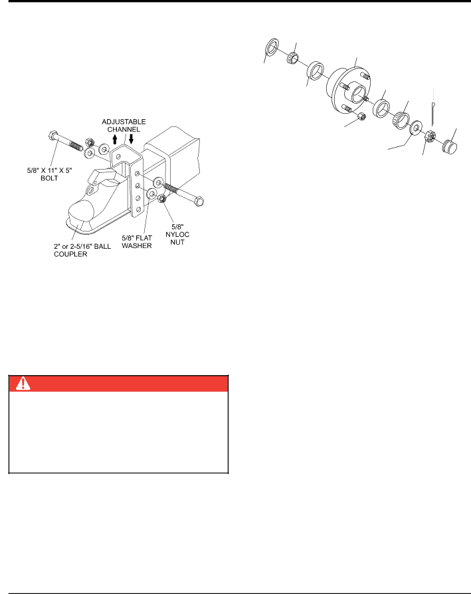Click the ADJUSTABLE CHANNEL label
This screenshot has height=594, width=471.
(124, 126)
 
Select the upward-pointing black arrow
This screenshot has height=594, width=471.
(115, 139)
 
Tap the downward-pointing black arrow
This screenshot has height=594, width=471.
(132, 139)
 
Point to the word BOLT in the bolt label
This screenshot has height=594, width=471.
(50, 178)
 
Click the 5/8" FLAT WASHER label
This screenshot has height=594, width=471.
(137, 241)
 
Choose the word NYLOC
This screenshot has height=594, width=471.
(177, 235)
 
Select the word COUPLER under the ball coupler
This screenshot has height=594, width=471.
(70, 254)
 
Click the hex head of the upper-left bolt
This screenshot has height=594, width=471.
(53, 135)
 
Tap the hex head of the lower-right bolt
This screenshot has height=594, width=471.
(199, 201)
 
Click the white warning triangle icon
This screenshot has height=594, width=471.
(23, 383)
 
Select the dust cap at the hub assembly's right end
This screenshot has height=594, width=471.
(450, 146)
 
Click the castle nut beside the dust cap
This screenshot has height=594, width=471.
(430, 136)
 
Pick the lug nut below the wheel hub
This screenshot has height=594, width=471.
(361, 116)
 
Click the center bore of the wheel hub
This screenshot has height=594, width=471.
(358, 94)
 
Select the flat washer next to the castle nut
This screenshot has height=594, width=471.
(417, 128)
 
